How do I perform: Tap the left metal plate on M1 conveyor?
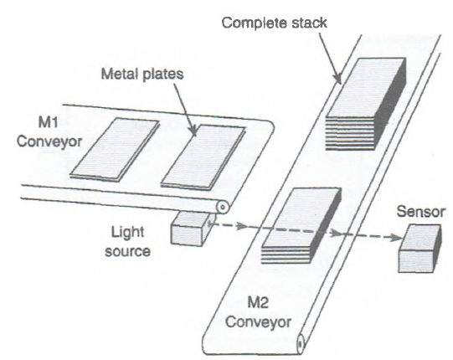113,149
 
